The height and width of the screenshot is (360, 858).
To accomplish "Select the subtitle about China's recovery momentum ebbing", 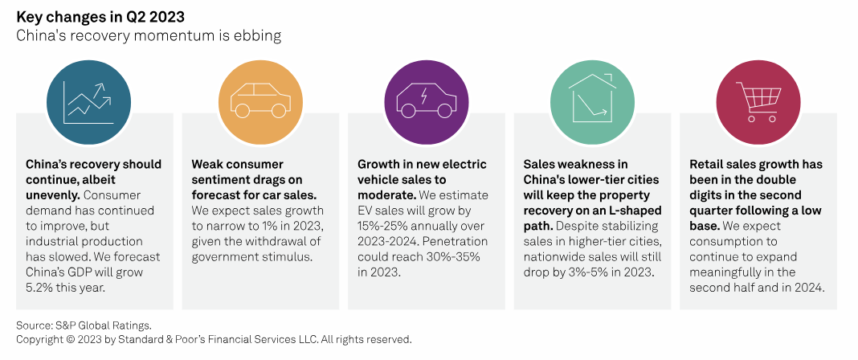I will coord(149,36).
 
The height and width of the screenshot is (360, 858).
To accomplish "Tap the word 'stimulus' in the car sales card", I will coord(284,256).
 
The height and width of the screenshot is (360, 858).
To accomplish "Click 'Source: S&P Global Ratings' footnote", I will coord(84,325).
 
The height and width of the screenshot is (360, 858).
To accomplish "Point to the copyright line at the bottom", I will coord(214,339).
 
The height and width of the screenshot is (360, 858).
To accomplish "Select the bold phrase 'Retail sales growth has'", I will coord(756,165).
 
